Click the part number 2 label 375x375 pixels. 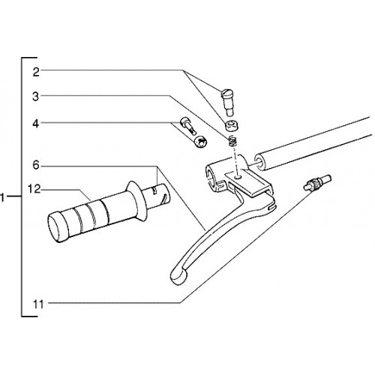pos(36,72)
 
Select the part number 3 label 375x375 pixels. pos(36,97)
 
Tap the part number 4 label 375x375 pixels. pos(36,124)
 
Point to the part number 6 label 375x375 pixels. pos(36,166)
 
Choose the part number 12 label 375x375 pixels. pos(34,189)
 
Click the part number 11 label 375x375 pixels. pos(38,304)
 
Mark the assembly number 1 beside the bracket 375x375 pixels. pos(2,197)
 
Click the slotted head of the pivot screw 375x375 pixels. pos(226,94)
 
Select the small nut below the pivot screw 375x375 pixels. pos(231,126)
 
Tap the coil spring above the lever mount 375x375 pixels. pos(232,141)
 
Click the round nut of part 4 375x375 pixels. pos(200,142)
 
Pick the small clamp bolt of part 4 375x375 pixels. pos(188,126)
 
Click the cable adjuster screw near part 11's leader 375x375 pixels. pos(317,183)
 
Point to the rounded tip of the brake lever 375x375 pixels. pos(178,275)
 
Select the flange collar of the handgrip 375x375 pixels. pos(136,201)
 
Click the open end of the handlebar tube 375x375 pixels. pos(260,163)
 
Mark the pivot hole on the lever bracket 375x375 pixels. pos(238,177)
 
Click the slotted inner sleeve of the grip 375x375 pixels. pos(158,196)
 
